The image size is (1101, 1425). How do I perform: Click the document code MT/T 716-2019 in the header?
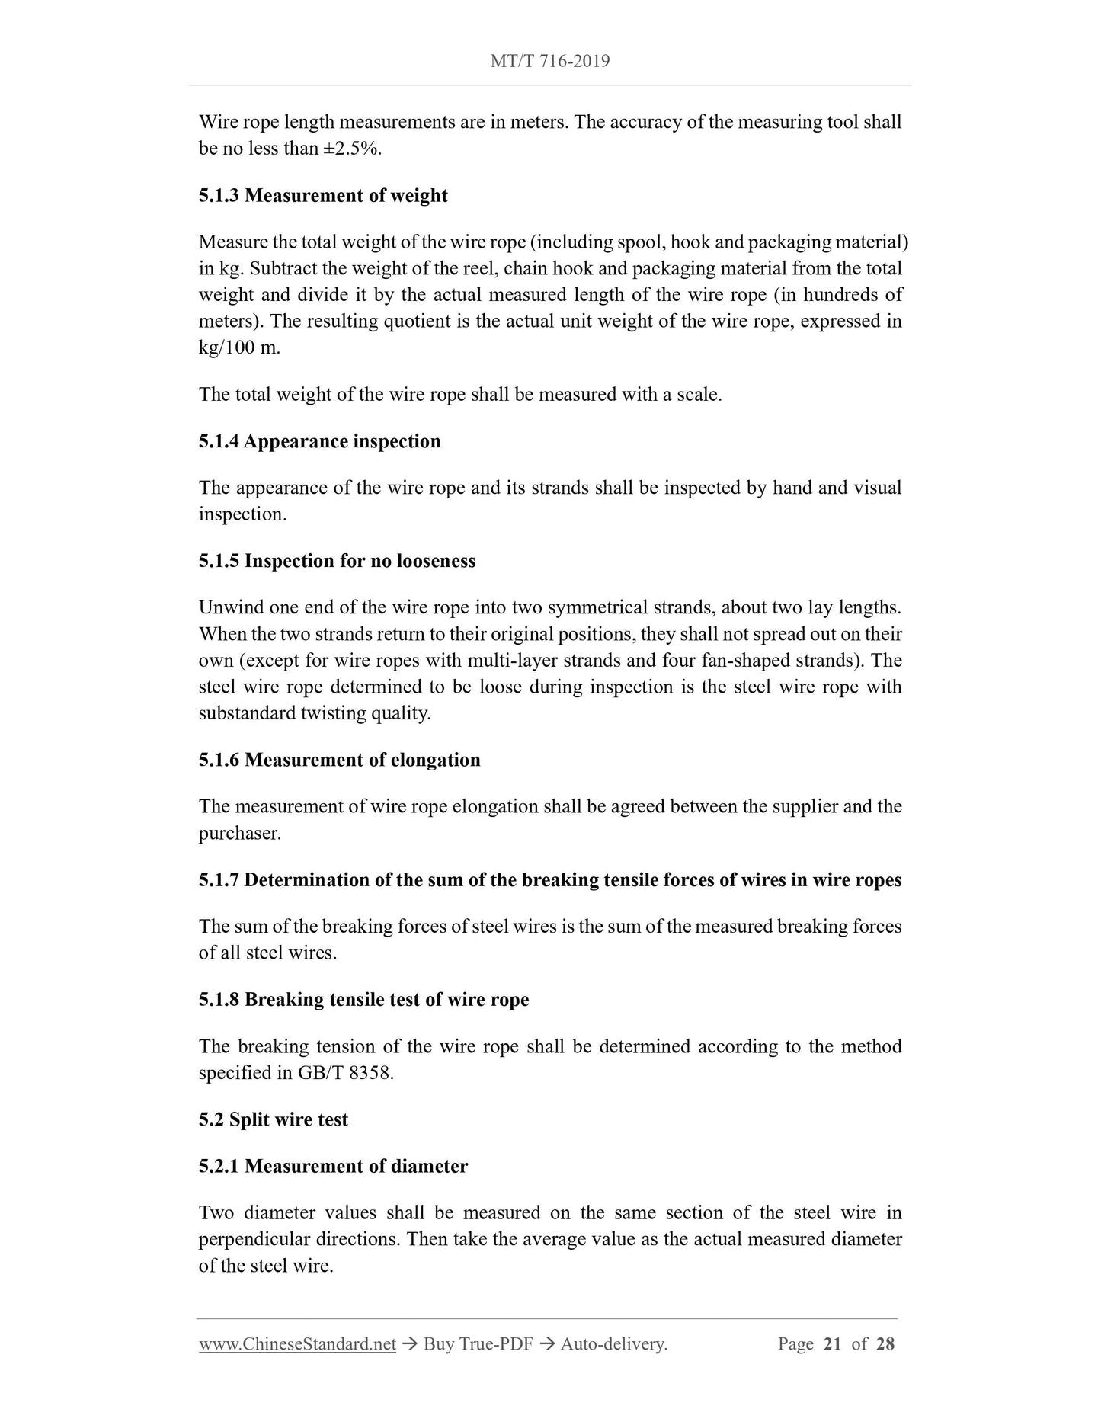pyautogui.click(x=550, y=61)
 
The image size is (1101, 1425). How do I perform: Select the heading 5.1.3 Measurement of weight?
pyautogui.click(x=323, y=196)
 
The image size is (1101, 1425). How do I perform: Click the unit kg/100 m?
pyautogui.click(x=239, y=347)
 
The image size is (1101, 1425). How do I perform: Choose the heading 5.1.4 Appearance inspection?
pyautogui.click(x=319, y=442)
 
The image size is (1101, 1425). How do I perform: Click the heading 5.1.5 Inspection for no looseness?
pyautogui.click(x=337, y=562)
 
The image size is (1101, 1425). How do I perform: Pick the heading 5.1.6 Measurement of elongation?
pyautogui.click(x=339, y=761)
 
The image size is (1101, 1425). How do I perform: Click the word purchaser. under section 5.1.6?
pyautogui.click(x=240, y=834)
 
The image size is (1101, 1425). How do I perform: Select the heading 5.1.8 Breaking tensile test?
pyautogui.click(x=363, y=1000)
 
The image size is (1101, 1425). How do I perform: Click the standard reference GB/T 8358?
pyautogui.click(x=345, y=1073)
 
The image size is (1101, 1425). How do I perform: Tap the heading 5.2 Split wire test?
pyautogui.click(x=273, y=1120)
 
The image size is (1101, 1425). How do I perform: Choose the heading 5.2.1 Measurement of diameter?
pyautogui.click(x=333, y=1167)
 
